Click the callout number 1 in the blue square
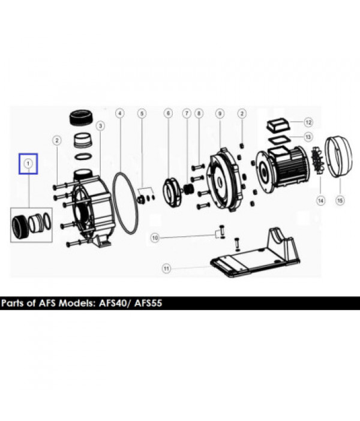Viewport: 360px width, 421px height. (28, 163)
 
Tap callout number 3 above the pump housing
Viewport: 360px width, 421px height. (100, 126)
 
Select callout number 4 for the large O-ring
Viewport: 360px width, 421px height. (120, 113)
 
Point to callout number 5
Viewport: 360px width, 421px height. (142, 113)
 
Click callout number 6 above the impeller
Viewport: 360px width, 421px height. (168, 113)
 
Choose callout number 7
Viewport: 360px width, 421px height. (187, 113)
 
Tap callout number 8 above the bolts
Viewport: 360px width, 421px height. (199, 113)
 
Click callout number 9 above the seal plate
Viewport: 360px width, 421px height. (220, 113)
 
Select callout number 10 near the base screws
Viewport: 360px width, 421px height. (155, 237)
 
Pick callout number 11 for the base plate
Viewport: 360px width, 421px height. (167, 269)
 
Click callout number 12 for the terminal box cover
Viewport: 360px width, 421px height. (308, 122)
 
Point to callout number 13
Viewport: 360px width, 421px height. (308, 137)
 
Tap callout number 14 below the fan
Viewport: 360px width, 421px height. (321, 200)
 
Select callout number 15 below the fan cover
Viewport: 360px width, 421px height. (340, 200)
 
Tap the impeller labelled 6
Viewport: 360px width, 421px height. (172, 192)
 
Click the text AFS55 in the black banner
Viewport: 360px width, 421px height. (148, 303)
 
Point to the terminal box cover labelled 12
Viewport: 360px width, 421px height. (278, 125)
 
